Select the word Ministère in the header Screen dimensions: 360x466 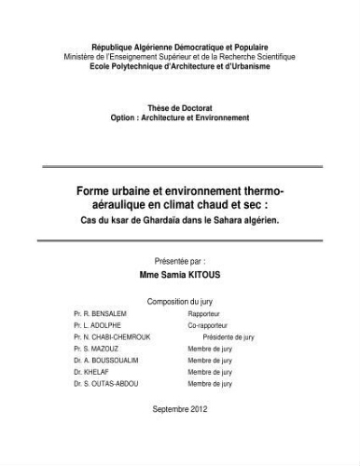pyautogui.click(x=83, y=56)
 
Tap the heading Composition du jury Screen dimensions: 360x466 pyautogui.click(x=179, y=302)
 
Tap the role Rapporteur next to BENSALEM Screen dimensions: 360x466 pyautogui.click(x=206, y=316)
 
